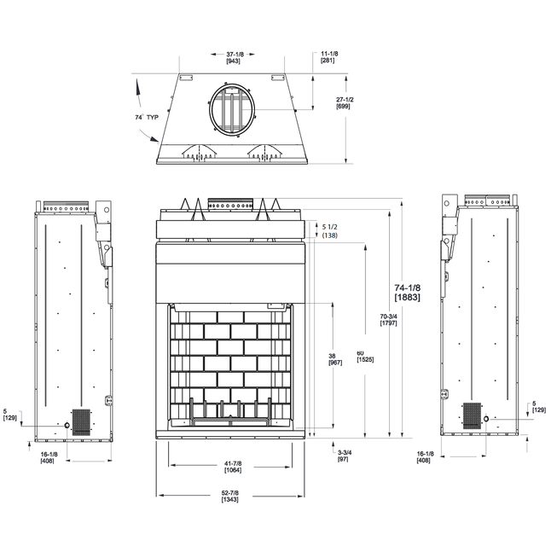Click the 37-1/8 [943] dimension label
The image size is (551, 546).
pos(234,58)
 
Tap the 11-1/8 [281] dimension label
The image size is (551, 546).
pos(329,57)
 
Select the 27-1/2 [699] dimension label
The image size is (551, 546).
pos(345,102)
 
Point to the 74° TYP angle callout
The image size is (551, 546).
pos(147,117)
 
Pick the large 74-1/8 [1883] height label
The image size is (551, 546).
pos(407,292)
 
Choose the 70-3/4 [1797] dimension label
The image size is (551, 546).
pos(388,320)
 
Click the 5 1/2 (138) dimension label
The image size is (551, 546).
pos(329,231)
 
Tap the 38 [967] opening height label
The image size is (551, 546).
pos(335,359)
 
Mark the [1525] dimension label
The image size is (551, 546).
pos(365,360)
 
